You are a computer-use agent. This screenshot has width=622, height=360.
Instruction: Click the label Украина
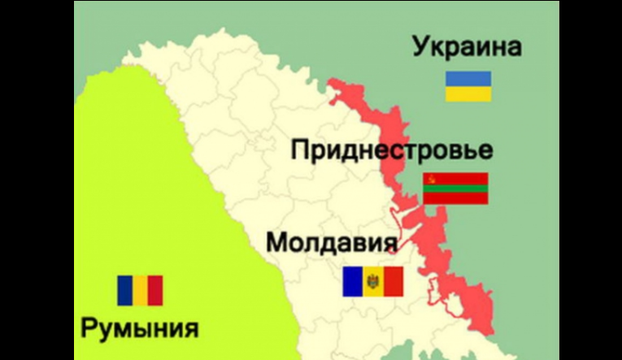click(467, 47)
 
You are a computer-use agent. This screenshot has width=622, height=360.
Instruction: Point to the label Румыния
click(139, 329)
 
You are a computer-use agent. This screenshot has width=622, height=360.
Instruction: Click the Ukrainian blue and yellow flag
click(468, 86)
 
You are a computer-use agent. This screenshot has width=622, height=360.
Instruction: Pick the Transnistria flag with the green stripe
click(455, 188)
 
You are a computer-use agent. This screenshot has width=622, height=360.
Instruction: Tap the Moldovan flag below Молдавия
click(372, 281)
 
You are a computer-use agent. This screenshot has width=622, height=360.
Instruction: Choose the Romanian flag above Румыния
click(140, 290)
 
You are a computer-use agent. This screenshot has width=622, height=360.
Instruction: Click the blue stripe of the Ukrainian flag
click(468, 79)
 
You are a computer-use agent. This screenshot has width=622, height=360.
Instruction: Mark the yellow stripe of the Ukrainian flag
click(468, 93)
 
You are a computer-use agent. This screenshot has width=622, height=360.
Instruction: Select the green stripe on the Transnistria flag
click(455, 188)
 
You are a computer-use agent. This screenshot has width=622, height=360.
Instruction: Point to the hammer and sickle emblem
click(430, 178)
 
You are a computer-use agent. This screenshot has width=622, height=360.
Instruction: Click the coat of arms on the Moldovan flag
click(372, 281)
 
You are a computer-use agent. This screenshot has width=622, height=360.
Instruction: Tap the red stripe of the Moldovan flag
click(393, 281)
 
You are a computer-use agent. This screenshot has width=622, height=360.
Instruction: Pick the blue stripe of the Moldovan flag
click(352, 281)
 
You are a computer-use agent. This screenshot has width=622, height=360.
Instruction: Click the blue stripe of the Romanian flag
click(125, 290)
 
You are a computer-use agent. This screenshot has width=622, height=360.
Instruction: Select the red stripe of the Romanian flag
click(155, 290)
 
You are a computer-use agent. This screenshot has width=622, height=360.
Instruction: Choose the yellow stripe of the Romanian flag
click(140, 290)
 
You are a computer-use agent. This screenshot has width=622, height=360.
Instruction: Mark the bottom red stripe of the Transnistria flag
click(455, 198)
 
